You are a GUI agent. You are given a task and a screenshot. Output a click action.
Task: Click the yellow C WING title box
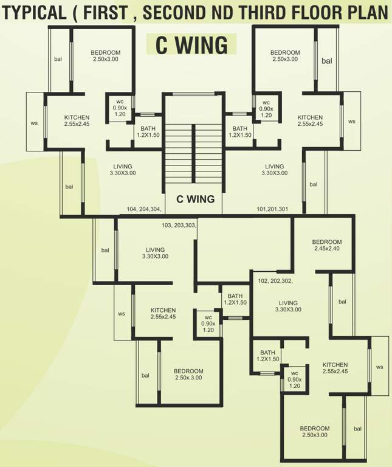point(191,44)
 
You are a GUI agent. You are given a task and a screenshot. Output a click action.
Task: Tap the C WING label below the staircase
point(195,199)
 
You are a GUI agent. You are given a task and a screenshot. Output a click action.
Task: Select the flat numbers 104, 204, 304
point(144,209)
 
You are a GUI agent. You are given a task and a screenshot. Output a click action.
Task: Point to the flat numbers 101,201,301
point(272,209)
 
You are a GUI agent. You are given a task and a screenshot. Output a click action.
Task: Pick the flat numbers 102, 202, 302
point(275,281)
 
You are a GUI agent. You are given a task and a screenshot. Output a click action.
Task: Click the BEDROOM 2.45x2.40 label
point(328,245)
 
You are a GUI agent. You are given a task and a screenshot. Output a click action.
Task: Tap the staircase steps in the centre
point(194,152)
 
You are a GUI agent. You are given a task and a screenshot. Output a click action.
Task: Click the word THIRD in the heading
point(274,12)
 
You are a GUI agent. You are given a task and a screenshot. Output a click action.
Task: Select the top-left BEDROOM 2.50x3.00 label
point(106,55)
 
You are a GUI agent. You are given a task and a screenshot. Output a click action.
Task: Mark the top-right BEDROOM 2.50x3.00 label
point(285,55)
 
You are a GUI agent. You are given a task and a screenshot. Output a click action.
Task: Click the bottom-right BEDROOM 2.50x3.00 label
point(314,432)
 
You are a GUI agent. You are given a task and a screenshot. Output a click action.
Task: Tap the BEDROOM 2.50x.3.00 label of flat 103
point(188,374)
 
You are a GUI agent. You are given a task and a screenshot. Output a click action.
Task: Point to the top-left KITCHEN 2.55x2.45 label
point(77,120)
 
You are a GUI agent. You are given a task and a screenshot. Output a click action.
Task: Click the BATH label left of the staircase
point(148,131)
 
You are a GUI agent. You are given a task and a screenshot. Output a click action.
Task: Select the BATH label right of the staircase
point(239,131)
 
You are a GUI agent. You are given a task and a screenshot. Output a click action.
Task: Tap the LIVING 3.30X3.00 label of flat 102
point(288,306)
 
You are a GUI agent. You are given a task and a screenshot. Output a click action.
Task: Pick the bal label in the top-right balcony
point(326,61)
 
